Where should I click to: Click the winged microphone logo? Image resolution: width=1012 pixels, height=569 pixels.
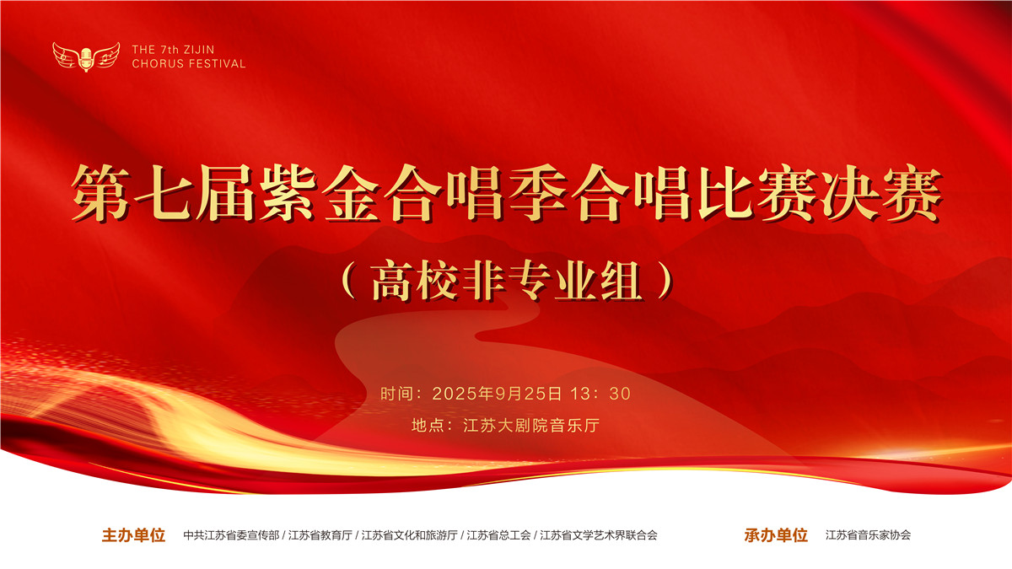click(x=86, y=57)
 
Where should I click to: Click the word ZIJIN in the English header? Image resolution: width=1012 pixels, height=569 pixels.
click(x=199, y=50)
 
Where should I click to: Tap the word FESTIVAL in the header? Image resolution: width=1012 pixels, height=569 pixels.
click(x=217, y=64)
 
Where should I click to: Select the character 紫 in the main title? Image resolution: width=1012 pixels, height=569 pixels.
click(x=288, y=193)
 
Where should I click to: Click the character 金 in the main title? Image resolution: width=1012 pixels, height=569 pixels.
click(x=351, y=193)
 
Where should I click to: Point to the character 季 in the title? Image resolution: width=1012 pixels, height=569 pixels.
click(x=538, y=193)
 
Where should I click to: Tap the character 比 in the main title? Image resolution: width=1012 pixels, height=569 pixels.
click(x=724, y=193)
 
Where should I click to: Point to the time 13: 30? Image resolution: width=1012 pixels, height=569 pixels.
click(x=600, y=394)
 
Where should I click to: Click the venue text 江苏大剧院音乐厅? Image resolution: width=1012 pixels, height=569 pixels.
click(x=531, y=426)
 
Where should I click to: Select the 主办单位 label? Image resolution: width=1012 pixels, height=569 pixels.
click(x=134, y=535)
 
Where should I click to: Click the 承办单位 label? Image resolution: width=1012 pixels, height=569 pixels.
click(x=776, y=535)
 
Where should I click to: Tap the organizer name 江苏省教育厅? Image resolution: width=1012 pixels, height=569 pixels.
click(x=320, y=535)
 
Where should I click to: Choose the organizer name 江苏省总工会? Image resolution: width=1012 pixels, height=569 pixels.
click(x=498, y=535)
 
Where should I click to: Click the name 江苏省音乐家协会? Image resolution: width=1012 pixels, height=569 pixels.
click(x=869, y=535)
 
